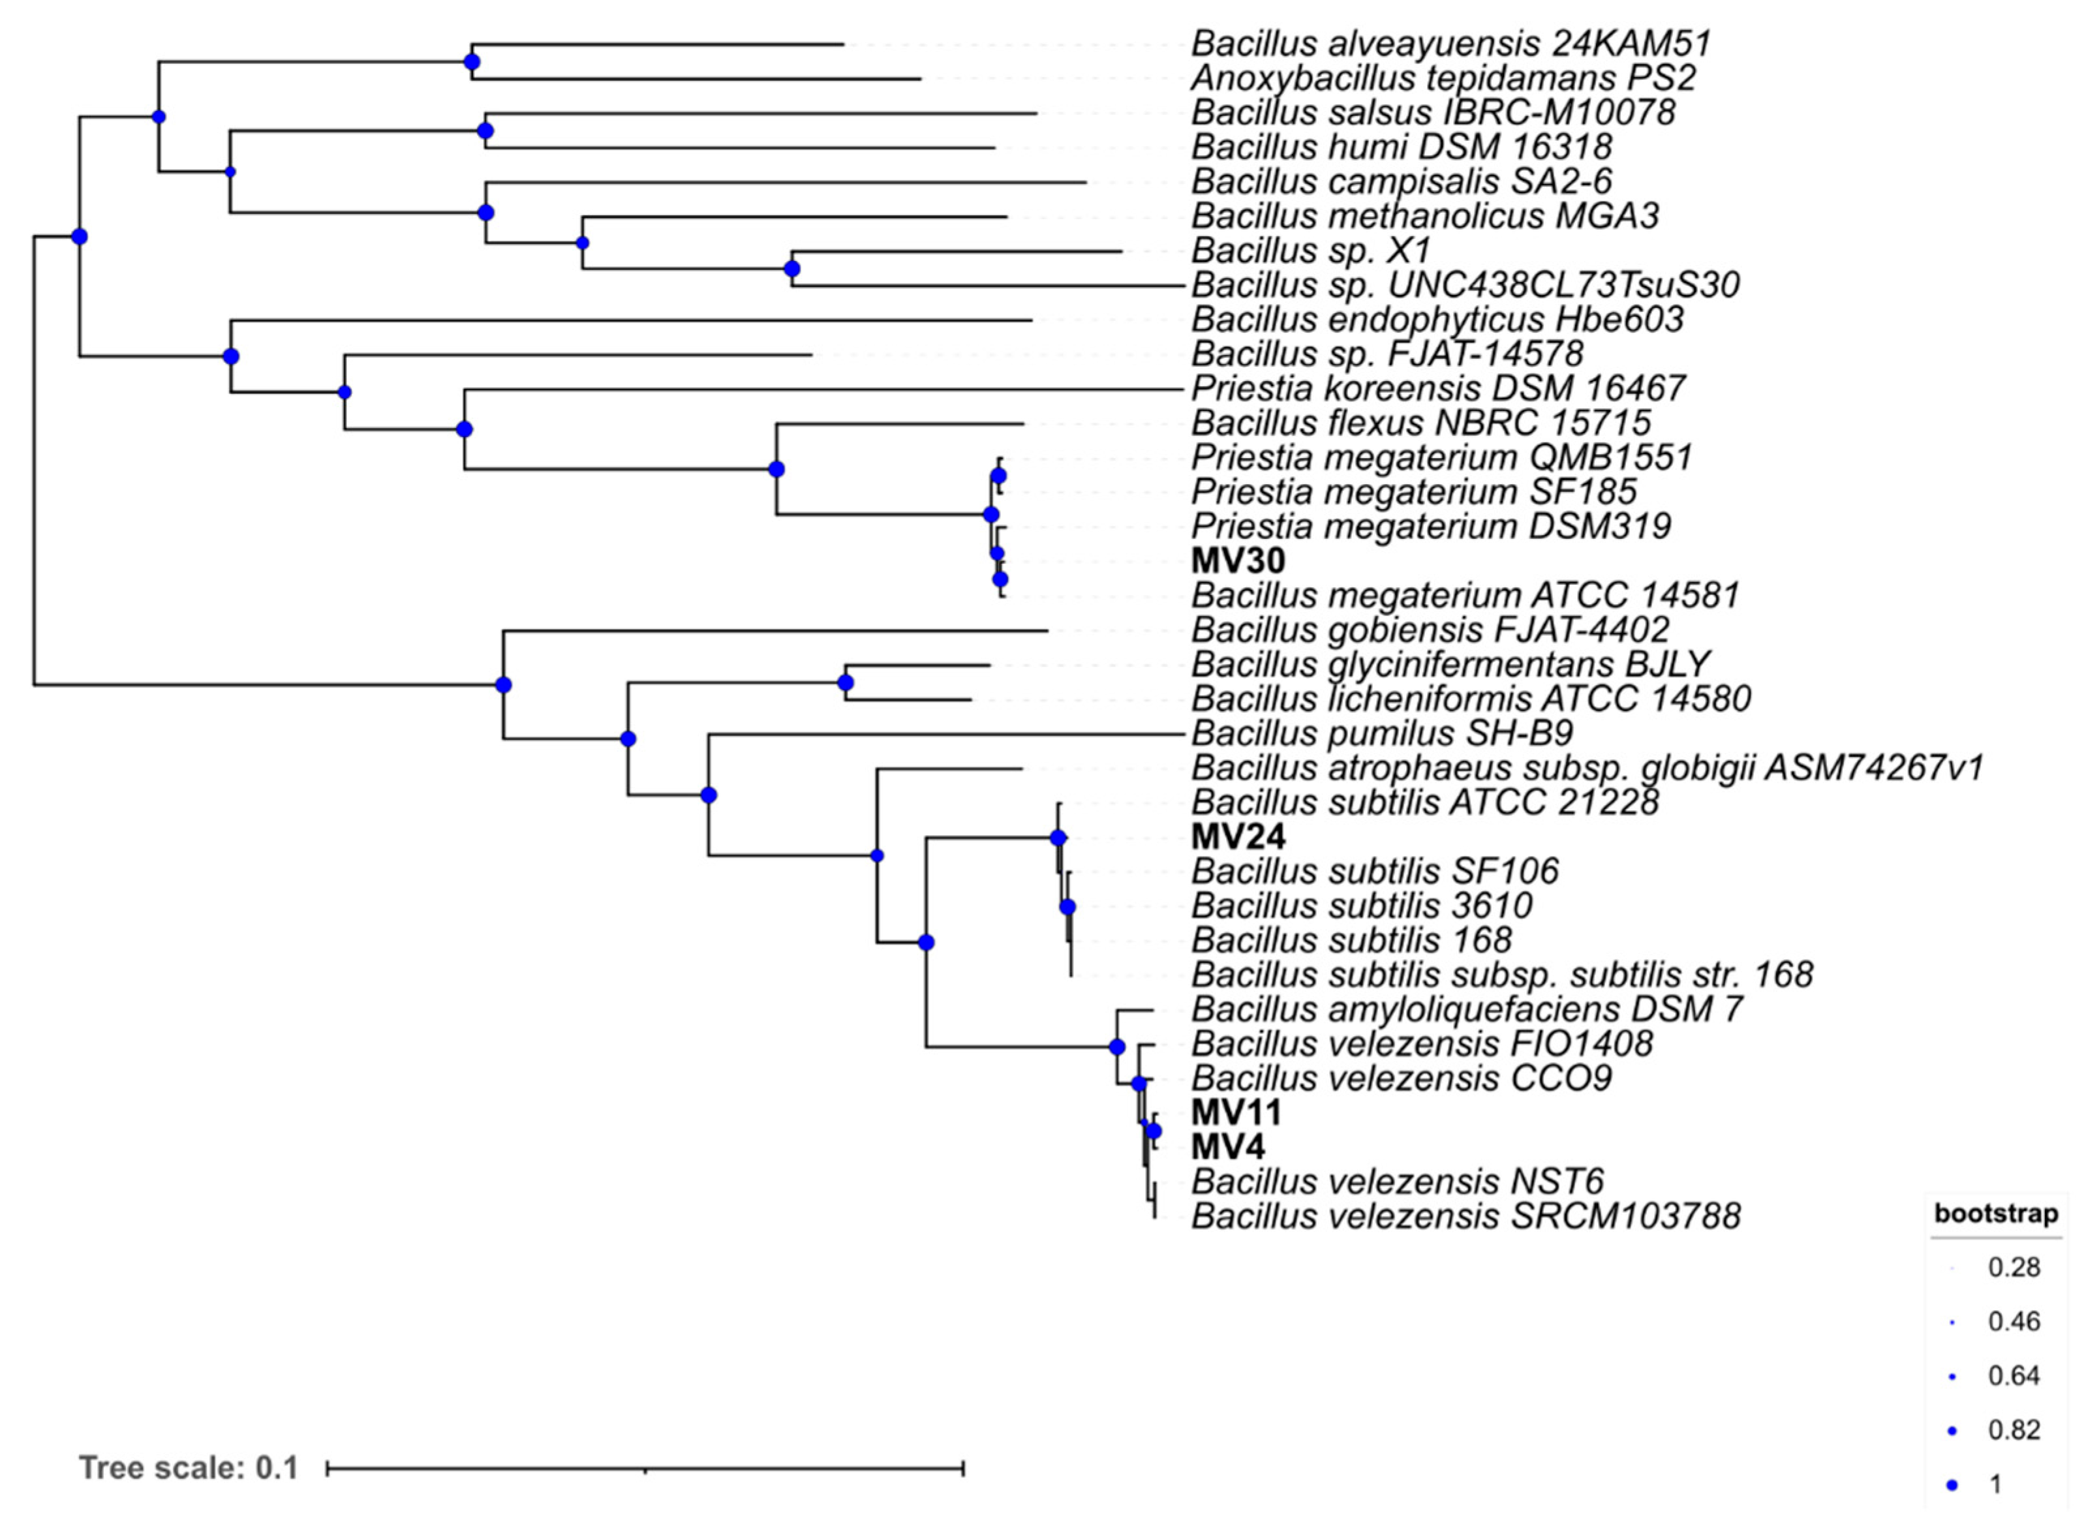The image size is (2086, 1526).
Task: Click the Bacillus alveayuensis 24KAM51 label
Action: [x=1450, y=44]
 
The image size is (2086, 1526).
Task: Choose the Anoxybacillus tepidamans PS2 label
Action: [x=1443, y=78]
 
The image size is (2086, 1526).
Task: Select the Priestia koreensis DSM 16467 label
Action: [x=1438, y=388]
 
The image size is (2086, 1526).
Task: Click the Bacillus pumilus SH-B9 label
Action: [x=1382, y=733]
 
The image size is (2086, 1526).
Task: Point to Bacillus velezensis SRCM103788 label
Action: [x=1466, y=1217]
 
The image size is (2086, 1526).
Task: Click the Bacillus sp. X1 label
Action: [x=1311, y=251]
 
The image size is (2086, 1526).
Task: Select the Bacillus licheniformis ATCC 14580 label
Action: [x=1471, y=699]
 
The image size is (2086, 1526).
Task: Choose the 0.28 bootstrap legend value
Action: [x=2014, y=1268]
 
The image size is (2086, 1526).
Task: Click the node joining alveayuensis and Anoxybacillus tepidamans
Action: [x=472, y=62]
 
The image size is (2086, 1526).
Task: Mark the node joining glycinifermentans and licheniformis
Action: [x=846, y=682]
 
